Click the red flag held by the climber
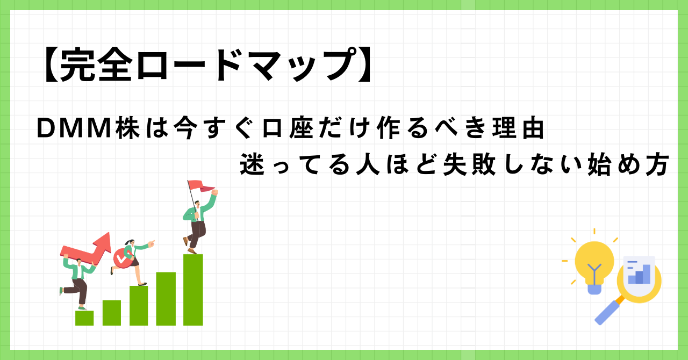pyautogui.click(x=202, y=186)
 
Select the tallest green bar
pyautogui.click(x=193, y=290)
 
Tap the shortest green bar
pyautogui.click(x=84, y=318)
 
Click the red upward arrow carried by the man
pyautogui.click(x=89, y=248)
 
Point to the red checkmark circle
pyautogui.click(x=121, y=258)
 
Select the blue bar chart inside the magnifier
pyautogui.click(x=639, y=275)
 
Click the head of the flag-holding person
pyautogui.click(x=195, y=204)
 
